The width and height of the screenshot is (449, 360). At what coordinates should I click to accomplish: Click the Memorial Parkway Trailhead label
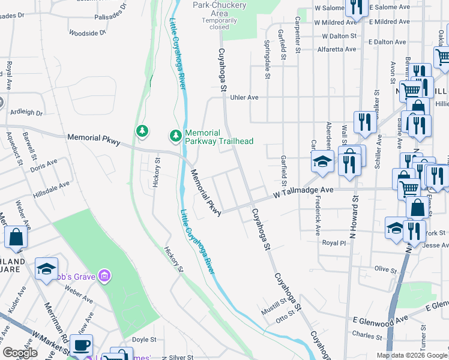pyautogui.click(x=219, y=137)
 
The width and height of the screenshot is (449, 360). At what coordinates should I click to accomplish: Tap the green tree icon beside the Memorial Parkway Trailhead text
pyautogui.click(x=175, y=136)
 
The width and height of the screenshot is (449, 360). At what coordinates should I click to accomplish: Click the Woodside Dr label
pyautogui.click(x=87, y=33)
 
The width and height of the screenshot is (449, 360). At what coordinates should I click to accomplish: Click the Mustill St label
pyautogui.click(x=276, y=310)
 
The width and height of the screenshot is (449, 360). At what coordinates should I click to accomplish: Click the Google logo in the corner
pyautogui.click(x=20, y=353)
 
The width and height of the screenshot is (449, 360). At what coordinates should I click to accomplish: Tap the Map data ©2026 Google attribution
pyautogui.click(x=411, y=355)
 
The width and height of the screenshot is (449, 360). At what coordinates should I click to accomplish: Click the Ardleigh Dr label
pyautogui.click(x=26, y=112)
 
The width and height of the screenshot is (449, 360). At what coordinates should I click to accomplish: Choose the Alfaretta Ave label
pyautogui.click(x=337, y=50)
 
